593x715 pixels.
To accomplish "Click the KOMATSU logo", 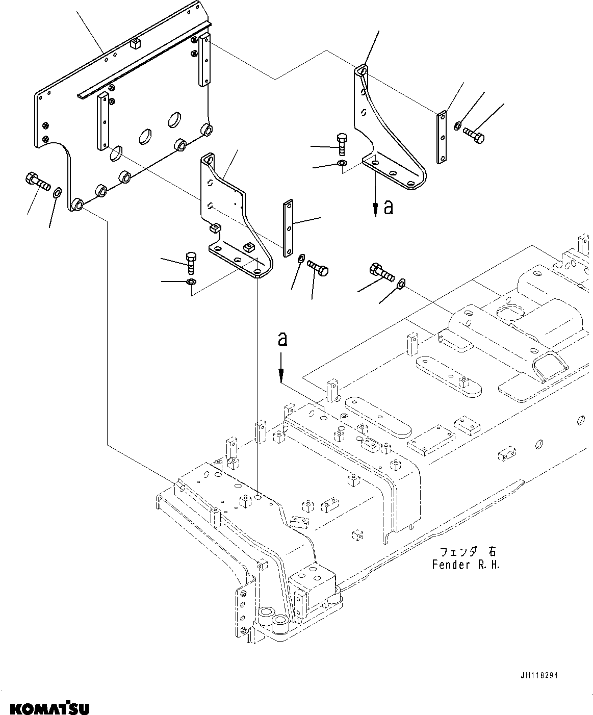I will pos(49,708).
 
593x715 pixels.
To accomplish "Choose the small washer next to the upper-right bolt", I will pos(458,124).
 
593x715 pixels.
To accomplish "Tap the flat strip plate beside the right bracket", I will pos(442,137).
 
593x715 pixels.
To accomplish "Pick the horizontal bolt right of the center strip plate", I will pos(318,268).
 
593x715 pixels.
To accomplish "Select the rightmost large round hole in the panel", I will pos(175,119).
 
